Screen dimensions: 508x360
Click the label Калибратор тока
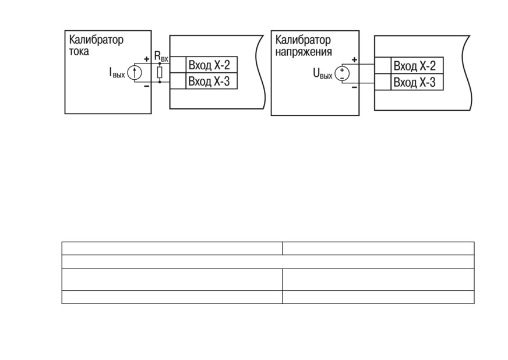coord(96,45)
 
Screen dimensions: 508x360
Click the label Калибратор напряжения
coord(304,45)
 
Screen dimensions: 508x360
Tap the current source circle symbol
coord(135,73)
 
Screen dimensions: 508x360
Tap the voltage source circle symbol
coord(342,73)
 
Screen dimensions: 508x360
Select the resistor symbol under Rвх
coord(160,73)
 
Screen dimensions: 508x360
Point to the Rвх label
coord(161,56)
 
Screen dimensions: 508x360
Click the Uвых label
coord(323,74)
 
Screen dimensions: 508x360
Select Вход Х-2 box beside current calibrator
coord(211,65)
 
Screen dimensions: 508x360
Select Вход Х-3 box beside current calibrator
coord(211,81)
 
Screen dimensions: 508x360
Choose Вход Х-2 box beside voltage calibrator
coord(417,65)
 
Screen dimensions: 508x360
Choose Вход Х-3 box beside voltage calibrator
coord(417,82)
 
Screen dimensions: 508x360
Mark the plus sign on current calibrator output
coord(147,59)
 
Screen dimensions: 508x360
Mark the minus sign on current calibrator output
coord(147,86)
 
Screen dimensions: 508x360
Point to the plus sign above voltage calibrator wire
coord(354,59)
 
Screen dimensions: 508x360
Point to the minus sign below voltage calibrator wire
coord(354,87)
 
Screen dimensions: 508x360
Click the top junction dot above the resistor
coord(160,63)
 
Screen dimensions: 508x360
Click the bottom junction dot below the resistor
coord(160,82)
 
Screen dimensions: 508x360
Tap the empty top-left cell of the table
coord(172,248)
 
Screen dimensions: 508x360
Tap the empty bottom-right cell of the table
coord(378,297)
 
